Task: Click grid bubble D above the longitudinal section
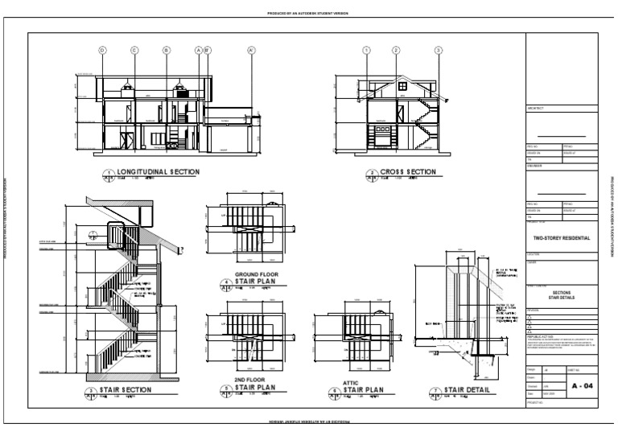(x=102, y=50)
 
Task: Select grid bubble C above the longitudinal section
(x=134, y=50)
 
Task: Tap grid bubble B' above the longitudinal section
(x=208, y=50)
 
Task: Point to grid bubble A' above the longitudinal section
(x=251, y=50)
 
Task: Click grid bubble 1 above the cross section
(x=367, y=50)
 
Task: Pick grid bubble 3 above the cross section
(x=439, y=50)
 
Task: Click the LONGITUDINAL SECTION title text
(x=158, y=172)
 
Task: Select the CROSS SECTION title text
(x=408, y=172)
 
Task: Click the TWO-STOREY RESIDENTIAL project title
(x=562, y=238)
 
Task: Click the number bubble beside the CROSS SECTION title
(x=372, y=174)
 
